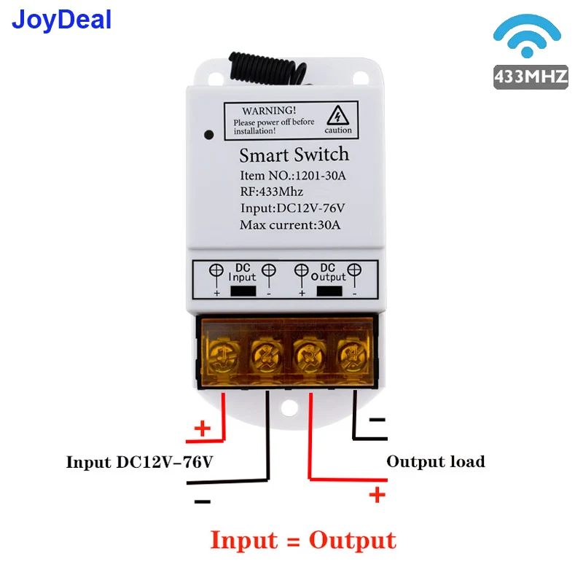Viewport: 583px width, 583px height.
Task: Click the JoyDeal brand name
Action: pyautogui.click(x=61, y=19)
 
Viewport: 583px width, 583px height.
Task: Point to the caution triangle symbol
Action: pyautogui.click(x=337, y=117)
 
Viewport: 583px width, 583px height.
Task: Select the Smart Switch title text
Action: pyautogui.click(x=294, y=154)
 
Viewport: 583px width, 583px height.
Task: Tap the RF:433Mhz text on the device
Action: pyautogui.click(x=271, y=192)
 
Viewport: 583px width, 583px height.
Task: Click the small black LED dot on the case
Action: pyautogui.click(x=208, y=134)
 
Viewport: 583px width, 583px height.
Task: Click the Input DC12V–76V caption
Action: pyautogui.click(x=139, y=462)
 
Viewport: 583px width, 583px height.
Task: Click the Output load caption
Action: pyautogui.click(x=435, y=461)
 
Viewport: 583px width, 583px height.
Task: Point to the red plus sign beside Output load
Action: pyautogui.click(x=377, y=496)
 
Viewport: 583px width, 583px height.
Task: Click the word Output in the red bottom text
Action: pyautogui.click(x=352, y=541)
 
